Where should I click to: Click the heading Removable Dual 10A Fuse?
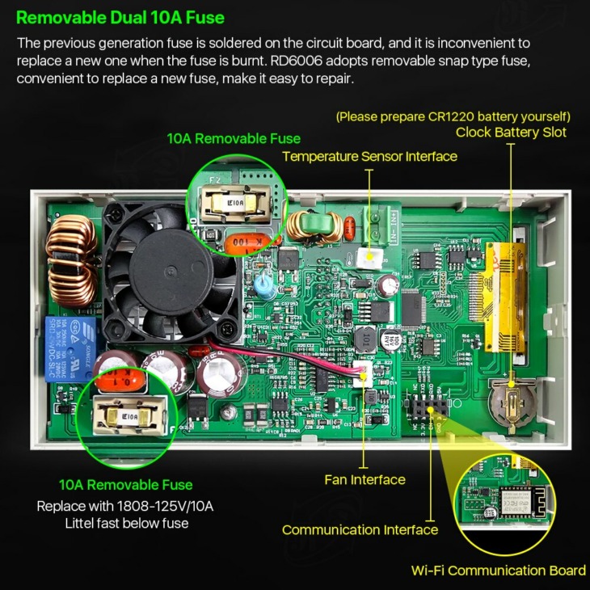pyautogui.click(x=120, y=17)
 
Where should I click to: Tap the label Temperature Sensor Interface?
pyautogui.click(x=369, y=156)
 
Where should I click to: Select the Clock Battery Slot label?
pyautogui.click(x=511, y=132)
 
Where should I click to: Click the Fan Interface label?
pyautogui.click(x=365, y=479)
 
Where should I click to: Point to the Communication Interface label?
pyautogui.click(x=360, y=530)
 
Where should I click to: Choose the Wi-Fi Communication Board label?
pyautogui.click(x=498, y=571)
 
